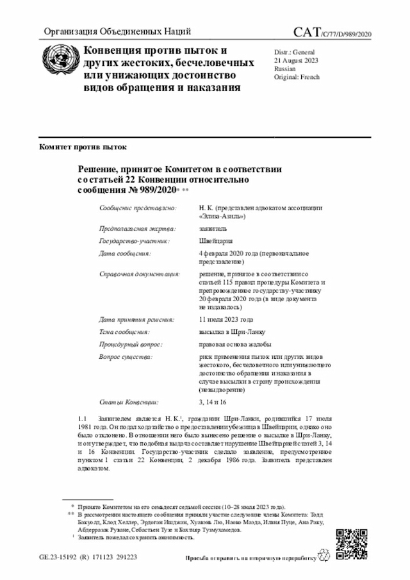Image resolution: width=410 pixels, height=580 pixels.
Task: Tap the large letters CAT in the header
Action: [309, 33]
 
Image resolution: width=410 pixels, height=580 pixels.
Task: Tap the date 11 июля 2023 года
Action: [226, 319]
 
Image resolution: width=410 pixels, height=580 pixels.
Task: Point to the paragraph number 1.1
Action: [81, 418]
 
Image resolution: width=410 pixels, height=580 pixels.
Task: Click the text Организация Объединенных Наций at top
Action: [117, 32]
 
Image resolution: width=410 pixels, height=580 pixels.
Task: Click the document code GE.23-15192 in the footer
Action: [59, 557]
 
